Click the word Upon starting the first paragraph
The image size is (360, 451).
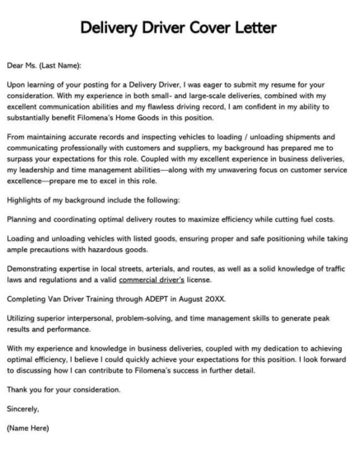[x=16, y=85]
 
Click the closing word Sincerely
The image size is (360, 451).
[x=22, y=407]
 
